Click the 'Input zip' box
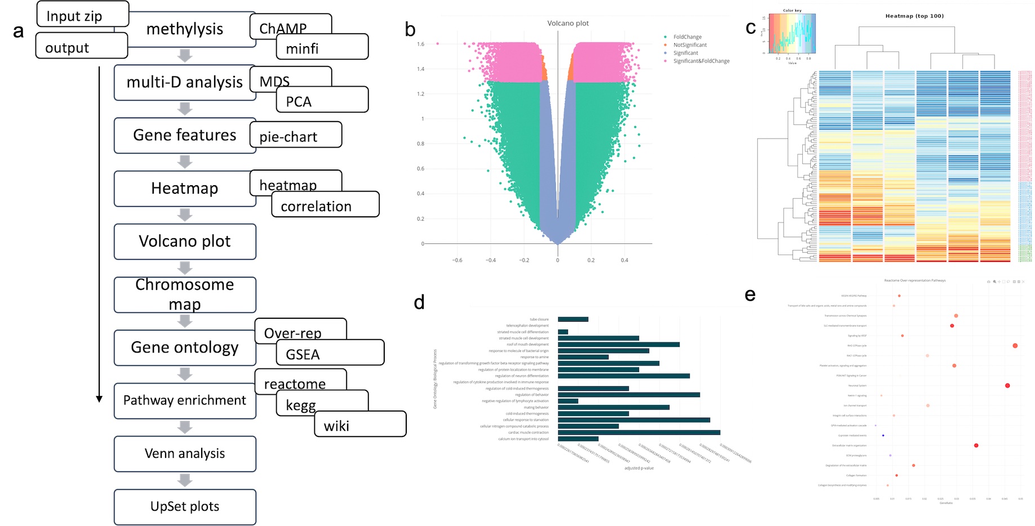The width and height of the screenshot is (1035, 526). pyautogui.click(x=82, y=15)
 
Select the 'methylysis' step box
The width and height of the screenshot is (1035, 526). pyautogui.click(x=185, y=29)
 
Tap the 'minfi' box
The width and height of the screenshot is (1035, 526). pyautogui.click(x=322, y=47)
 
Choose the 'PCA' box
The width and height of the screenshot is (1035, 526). pyautogui.click(x=322, y=100)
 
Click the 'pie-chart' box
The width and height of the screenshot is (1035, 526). pyautogui.click(x=296, y=135)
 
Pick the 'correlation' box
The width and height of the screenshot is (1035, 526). pyautogui.click(x=325, y=205)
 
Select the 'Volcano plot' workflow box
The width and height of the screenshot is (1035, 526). pyautogui.click(x=185, y=242)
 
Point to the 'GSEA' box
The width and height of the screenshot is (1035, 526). pyautogui.click(x=330, y=353)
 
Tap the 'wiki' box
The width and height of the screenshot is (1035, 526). pyautogui.click(x=360, y=425)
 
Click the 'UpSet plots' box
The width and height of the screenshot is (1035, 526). pyautogui.click(x=185, y=507)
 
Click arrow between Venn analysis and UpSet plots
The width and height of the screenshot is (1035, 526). pyautogui.click(x=185, y=480)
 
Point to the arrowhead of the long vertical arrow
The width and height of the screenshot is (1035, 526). pyautogui.click(x=99, y=399)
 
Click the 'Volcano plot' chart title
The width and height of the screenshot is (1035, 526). pyautogui.click(x=568, y=23)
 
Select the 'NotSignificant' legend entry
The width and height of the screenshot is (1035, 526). pyautogui.click(x=690, y=45)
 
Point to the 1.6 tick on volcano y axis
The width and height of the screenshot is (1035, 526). pyautogui.click(x=421, y=44)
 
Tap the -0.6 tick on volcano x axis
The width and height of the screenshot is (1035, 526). pyautogui.click(x=457, y=260)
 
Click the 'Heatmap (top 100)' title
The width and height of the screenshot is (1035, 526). pyautogui.click(x=914, y=16)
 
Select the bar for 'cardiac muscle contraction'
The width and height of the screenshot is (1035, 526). pyautogui.click(x=639, y=433)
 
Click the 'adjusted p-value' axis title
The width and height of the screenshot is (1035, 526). pyautogui.click(x=639, y=468)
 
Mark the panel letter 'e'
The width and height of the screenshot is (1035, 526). pyautogui.click(x=750, y=295)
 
